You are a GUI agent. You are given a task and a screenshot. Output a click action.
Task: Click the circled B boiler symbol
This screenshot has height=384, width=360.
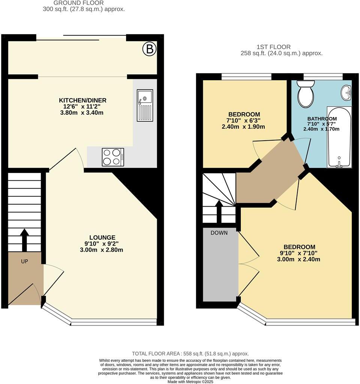[150, 49]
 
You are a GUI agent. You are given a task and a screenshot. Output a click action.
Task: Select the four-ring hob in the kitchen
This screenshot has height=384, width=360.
[113, 157]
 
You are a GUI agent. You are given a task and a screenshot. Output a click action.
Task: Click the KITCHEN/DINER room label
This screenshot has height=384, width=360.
[82, 100]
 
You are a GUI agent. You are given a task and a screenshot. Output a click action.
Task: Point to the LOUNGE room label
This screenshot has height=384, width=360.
[102, 237]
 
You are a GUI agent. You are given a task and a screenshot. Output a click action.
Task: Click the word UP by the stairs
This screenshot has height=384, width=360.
[24, 261]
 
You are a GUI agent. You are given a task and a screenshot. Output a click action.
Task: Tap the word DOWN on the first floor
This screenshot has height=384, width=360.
[219, 233]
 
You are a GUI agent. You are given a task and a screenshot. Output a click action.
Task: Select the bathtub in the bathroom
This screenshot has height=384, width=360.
[339, 136]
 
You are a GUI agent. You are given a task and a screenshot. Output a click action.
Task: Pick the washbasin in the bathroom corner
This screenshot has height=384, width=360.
[346, 92]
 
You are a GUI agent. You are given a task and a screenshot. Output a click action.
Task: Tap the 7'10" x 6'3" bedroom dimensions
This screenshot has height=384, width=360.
[244, 120]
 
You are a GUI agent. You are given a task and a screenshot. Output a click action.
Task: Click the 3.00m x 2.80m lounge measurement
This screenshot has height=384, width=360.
[102, 250]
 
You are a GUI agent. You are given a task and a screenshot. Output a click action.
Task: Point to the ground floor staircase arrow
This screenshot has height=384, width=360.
[24, 240]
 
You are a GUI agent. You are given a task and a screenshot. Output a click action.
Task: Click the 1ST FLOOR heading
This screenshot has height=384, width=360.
[274, 47]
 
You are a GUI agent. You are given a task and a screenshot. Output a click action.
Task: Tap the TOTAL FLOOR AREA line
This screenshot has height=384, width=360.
[190, 354]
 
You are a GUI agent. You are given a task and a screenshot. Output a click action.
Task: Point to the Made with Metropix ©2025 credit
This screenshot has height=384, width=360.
[190, 381]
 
